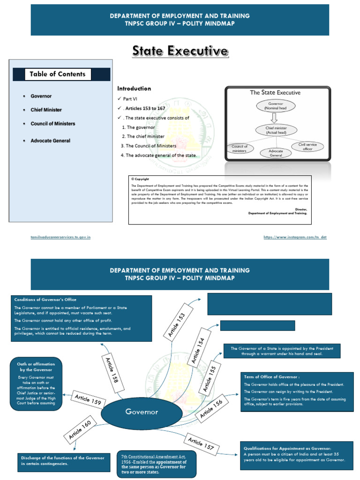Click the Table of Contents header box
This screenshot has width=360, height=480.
tap(61, 74)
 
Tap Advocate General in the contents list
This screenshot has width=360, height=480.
tap(50, 141)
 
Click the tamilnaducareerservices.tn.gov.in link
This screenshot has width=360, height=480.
tap(60, 237)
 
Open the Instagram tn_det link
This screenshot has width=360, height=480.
tap(295, 237)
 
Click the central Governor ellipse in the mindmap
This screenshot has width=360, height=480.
tap(141, 412)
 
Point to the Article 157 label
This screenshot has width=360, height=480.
tap(201, 443)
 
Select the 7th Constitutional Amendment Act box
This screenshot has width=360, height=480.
tap(147, 464)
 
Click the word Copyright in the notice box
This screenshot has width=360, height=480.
tap(141, 179)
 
